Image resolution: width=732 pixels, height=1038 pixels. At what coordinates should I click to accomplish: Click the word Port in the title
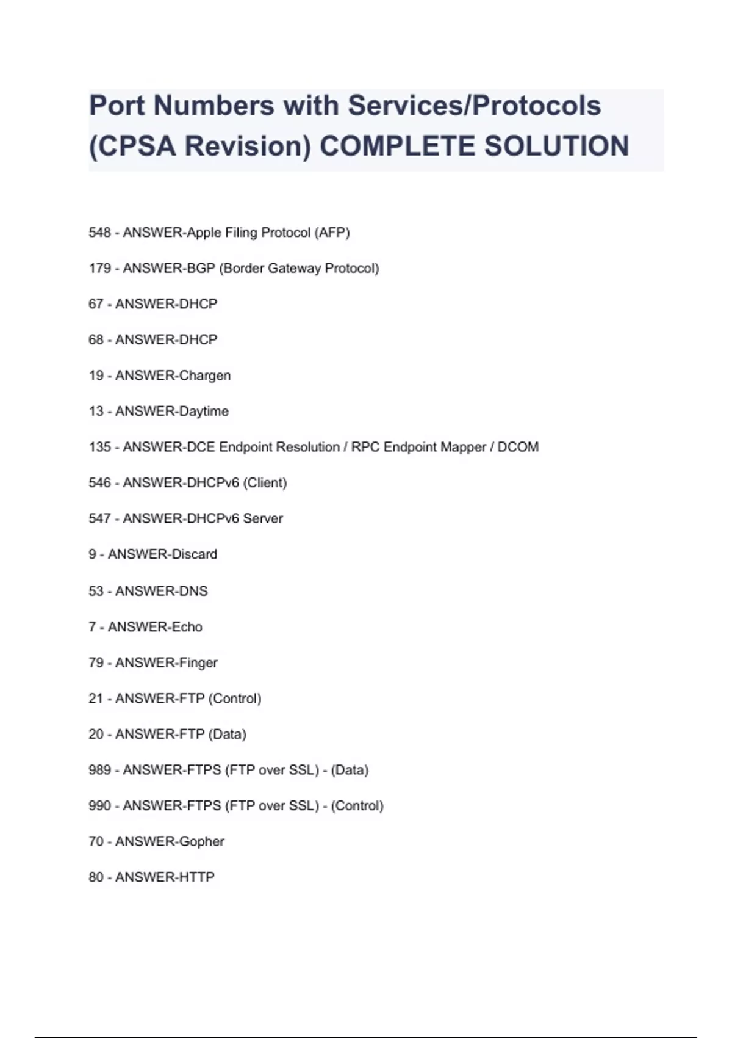point(117,106)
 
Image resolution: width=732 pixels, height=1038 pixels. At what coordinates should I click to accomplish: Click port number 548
point(99,233)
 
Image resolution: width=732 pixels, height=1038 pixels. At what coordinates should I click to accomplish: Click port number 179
point(99,268)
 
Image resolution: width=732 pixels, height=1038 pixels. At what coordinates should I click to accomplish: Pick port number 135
point(99,447)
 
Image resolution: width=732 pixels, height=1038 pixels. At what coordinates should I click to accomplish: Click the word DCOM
point(518,447)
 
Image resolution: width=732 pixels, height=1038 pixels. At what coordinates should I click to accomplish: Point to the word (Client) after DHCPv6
point(265,483)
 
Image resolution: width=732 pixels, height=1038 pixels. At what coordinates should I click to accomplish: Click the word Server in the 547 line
point(263,518)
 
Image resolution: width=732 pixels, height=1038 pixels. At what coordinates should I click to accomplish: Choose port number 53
point(96,591)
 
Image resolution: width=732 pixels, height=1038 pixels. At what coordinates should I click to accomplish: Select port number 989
point(99,770)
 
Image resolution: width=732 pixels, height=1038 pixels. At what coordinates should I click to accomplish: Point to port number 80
point(96,877)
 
